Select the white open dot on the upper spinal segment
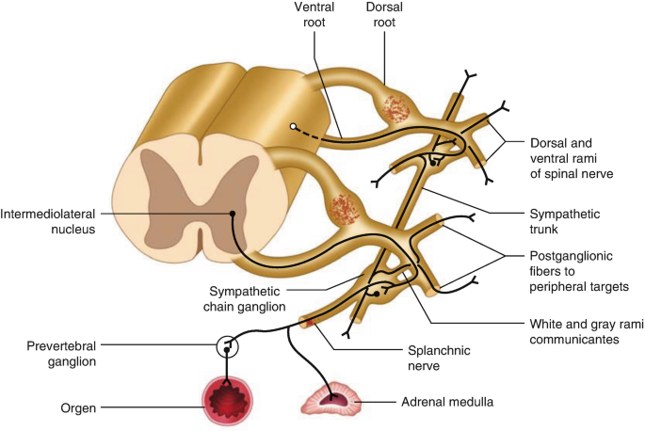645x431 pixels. pos(294,125)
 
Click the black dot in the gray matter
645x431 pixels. pos(232,214)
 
